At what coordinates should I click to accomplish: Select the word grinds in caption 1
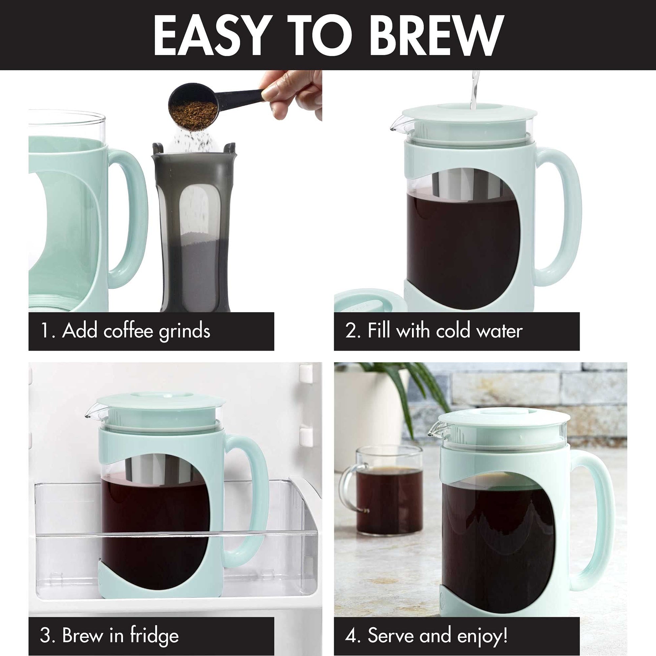click(x=185, y=331)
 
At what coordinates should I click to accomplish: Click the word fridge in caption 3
click(x=155, y=636)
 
